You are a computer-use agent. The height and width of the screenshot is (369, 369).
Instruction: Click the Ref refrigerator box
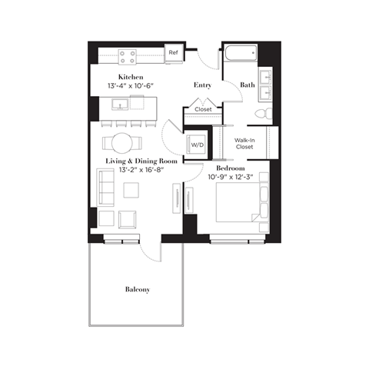pos(174,54)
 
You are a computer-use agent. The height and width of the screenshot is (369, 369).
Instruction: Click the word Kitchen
pos(131,76)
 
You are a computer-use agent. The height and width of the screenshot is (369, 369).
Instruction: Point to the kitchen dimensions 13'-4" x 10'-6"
pos(132,86)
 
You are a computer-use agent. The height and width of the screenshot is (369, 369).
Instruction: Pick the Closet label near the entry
pos(203,109)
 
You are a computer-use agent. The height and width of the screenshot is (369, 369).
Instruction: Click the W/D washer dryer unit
pos(197,144)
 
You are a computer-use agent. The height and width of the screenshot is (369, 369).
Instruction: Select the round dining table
pos(123,141)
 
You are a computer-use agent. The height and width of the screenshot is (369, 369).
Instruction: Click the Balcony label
pos(137,290)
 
